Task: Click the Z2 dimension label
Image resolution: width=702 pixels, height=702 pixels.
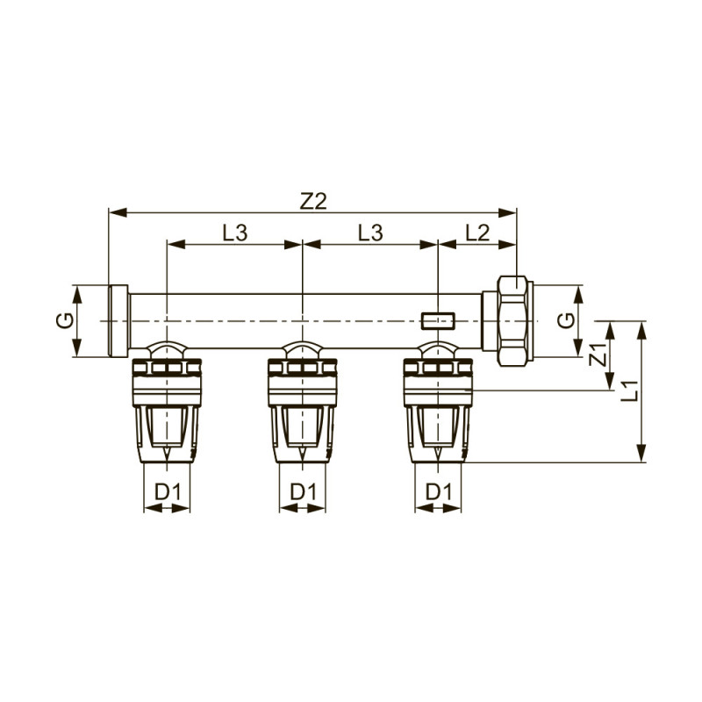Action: pyautogui.click(x=313, y=200)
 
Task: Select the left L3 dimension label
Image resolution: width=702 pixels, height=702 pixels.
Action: pyautogui.click(x=234, y=233)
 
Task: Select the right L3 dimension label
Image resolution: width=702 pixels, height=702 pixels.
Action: pyautogui.click(x=369, y=233)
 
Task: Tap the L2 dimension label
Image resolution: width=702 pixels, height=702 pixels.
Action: pyautogui.click(x=477, y=233)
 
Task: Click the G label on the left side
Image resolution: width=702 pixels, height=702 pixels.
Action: pyautogui.click(x=63, y=321)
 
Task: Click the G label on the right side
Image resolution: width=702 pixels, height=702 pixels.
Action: pyautogui.click(x=569, y=321)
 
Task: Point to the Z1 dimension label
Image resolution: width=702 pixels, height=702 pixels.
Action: pyautogui.click(x=598, y=355)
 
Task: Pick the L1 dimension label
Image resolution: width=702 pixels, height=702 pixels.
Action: pyautogui.click(x=628, y=391)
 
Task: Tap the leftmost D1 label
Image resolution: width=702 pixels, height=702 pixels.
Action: pyautogui.click(x=167, y=491)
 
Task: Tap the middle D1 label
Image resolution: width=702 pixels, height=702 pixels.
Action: pyautogui.click(x=302, y=491)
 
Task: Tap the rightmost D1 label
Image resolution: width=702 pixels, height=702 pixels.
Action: pyautogui.click(x=438, y=491)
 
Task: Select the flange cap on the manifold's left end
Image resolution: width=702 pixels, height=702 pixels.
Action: pyautogui.click(x=118, y=321)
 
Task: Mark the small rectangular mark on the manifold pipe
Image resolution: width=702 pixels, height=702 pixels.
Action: pyautogui.click(x=437, y=317)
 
